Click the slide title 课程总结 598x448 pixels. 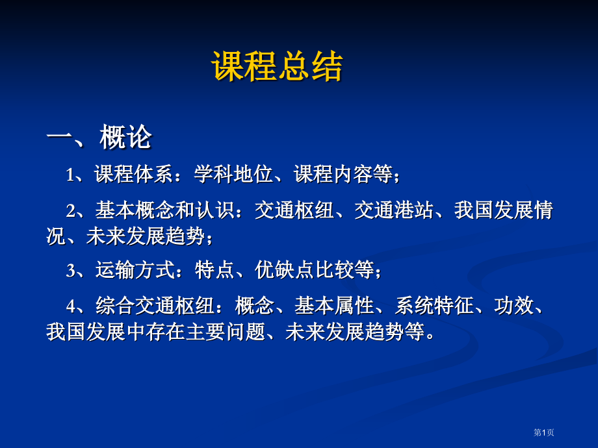(x=277, y=66)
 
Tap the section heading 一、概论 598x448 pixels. (x=99, y=138)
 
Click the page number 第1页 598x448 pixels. (x=544, y=432)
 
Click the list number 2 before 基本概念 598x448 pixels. (x=70, y=211)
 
